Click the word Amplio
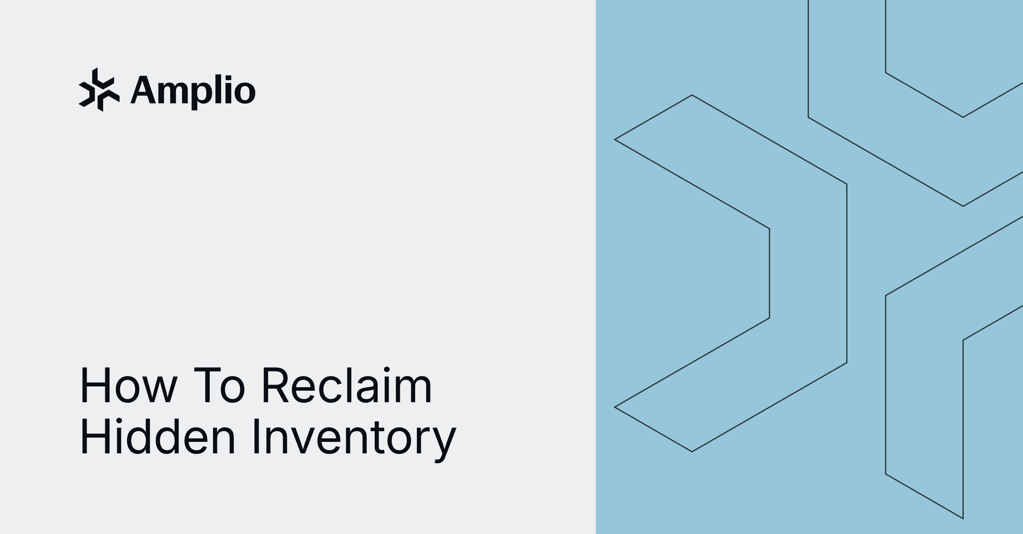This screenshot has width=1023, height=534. coord(193,90)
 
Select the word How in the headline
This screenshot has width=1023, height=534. coord(128,386)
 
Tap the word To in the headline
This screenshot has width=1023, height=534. coord(220,386)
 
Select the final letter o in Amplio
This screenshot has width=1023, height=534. coord(245,92)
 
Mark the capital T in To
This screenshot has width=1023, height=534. coord(208,386)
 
